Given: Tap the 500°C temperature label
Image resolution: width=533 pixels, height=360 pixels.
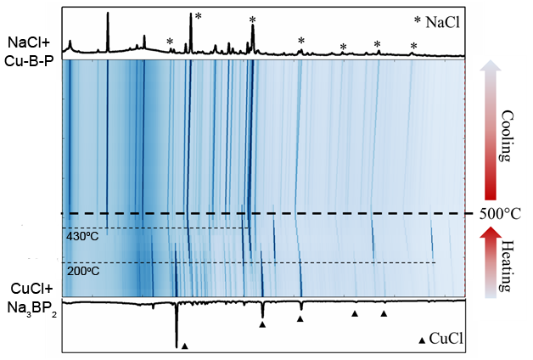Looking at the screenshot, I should point(502,214).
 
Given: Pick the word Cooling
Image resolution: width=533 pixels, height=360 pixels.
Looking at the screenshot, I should point(507,135).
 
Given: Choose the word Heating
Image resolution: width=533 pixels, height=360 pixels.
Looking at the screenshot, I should point(507,264).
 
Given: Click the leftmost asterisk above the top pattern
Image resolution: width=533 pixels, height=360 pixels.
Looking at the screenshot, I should point(170,42).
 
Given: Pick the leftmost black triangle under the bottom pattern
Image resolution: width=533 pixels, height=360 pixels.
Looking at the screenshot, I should point(184,345).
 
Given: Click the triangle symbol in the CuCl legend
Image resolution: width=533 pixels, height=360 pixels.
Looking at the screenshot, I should point(422,340).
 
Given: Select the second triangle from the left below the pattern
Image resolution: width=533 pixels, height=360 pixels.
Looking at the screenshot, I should point(263,324).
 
